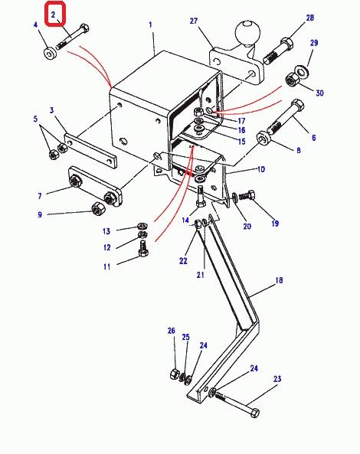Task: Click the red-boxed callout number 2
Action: [53, 15]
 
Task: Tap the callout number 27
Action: [194, 21]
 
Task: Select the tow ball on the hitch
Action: [247, 33]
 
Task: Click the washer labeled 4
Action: [50, 54]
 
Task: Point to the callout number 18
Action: [279, 280]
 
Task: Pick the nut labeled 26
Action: [175, 374]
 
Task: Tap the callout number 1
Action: [150, 25]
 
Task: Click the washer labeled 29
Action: [302, 71]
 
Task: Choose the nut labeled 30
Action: [292, 80]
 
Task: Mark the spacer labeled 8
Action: [263, 138]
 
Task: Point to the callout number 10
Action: [261, 169]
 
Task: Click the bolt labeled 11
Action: [143, 248]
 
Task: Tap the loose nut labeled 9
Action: [97, 209]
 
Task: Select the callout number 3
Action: [51, 110]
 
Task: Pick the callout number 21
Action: [200, 275]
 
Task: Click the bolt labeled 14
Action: [201, 197]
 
